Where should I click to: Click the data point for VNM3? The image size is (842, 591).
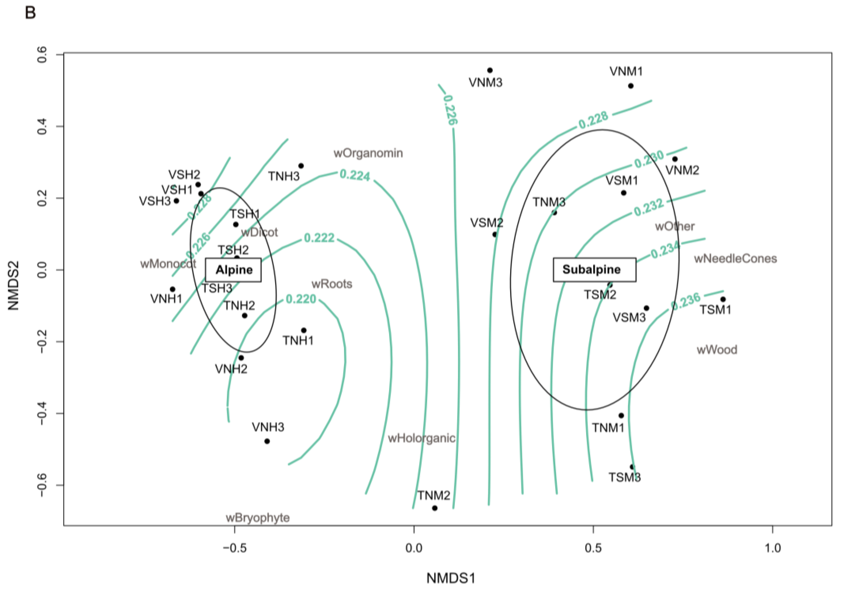(x=490, y=70)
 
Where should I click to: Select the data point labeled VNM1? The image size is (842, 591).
(x=631, y=86)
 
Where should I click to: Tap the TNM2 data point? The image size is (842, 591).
(x=435, y=508)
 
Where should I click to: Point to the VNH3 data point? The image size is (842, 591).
(x=267, y=441)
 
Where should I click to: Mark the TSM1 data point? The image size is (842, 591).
(x=723, y=299)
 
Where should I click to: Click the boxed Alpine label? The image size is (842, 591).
(x=233, y=270)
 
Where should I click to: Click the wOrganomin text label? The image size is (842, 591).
(x=368, y=153)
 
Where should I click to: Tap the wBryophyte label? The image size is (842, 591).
(x=257, y=518)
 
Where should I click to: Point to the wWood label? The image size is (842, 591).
(x=717, y=350)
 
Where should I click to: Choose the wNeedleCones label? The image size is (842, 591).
(x=735, y=259)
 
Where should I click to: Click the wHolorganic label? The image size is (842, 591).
(x=421, y=438)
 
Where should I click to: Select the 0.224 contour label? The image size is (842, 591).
(x=355, y=175)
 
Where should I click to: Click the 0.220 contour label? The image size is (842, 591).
(x=301, y=299)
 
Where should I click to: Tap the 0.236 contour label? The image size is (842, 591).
(x=685, y=302)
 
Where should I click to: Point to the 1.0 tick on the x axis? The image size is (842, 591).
(x=772, y=548)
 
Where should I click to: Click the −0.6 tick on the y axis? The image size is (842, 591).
(x=42, y=485)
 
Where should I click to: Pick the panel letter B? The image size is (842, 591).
(x=30, y=13)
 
